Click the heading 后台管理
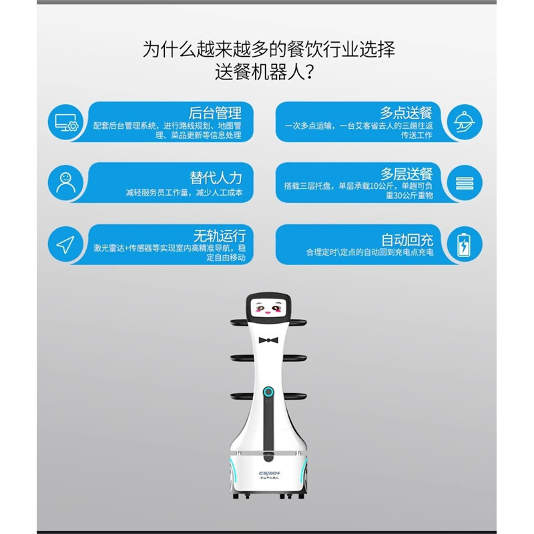[215, 112]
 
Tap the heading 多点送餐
[406, 112]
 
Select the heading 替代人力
[215, 178]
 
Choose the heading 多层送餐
[406, 174]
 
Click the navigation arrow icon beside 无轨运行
[65, 245]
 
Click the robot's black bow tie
[268, 340]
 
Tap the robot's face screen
[268, 310]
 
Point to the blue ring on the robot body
[268, 390]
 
